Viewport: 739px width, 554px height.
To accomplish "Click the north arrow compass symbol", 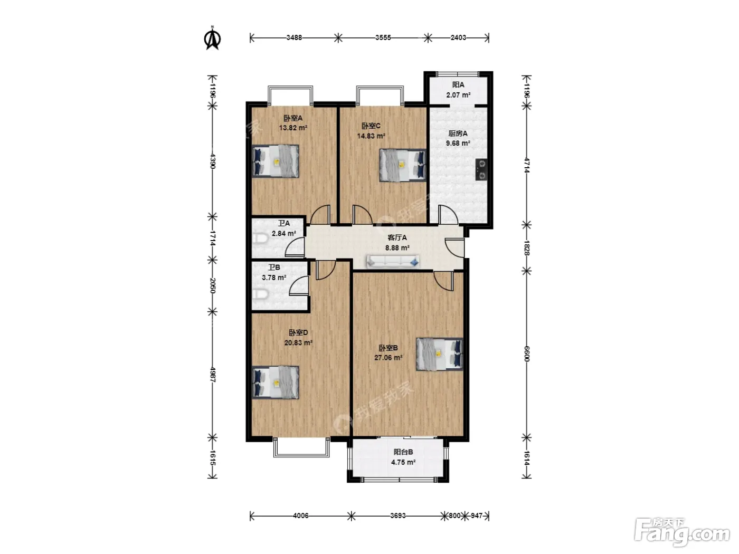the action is pos(212,39).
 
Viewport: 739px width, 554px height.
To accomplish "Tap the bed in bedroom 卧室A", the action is pos(276,161).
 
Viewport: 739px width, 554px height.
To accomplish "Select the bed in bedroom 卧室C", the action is pos(403,165).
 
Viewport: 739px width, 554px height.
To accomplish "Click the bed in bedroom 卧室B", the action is pos(439,354).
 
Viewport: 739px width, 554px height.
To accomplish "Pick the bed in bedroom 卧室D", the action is pos(276,383).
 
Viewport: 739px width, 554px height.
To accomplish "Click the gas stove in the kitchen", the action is pos(482,169).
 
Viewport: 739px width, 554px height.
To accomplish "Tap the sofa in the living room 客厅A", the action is pos(393,261).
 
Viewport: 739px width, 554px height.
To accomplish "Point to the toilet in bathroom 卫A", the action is pos(260,239).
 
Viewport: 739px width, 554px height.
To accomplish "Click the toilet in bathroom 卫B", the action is pos(260,294).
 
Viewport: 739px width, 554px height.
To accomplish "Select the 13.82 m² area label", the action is pos(293,128).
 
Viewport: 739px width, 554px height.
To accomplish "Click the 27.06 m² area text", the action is pos(388,358).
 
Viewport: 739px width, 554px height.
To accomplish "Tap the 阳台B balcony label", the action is pos(403,452).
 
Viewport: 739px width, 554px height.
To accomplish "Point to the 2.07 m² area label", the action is pos(458,95).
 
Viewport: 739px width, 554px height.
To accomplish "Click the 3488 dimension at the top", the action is pos(294,37).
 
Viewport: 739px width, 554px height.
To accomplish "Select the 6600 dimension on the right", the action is pos(527,354).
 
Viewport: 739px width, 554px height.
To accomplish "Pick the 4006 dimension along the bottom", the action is pos(300,515).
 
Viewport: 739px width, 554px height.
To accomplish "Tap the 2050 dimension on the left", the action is pos(212,285).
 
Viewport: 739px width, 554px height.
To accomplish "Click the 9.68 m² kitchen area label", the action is pos(458,144).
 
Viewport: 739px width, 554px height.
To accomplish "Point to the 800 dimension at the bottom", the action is pos(454,515).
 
